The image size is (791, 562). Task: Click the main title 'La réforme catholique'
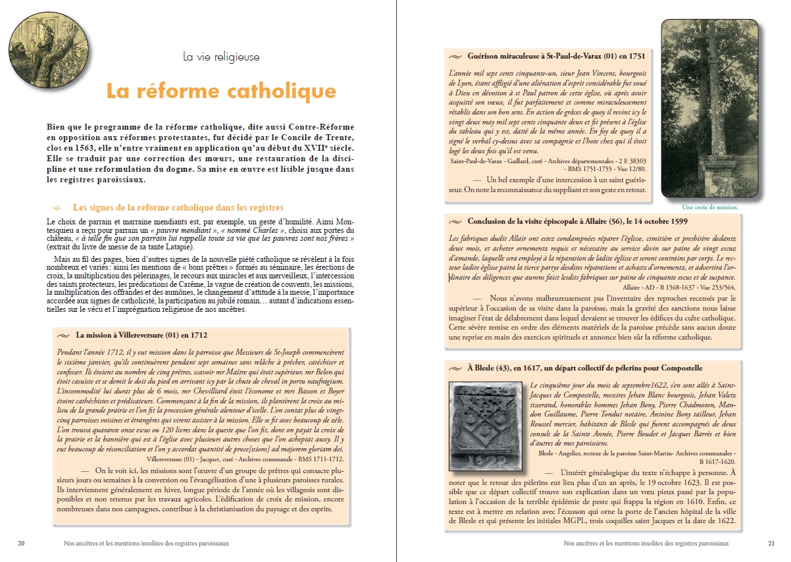click(x=221, y=90)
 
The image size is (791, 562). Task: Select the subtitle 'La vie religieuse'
click(x=221, y=57)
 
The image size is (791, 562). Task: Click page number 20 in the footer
click(x=22, y=544)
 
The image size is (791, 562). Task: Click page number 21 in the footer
click(x=771, y=544)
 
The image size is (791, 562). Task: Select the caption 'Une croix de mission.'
click(x=709, y=207)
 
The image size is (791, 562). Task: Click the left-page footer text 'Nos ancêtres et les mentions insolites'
click(x=142, y=544)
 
